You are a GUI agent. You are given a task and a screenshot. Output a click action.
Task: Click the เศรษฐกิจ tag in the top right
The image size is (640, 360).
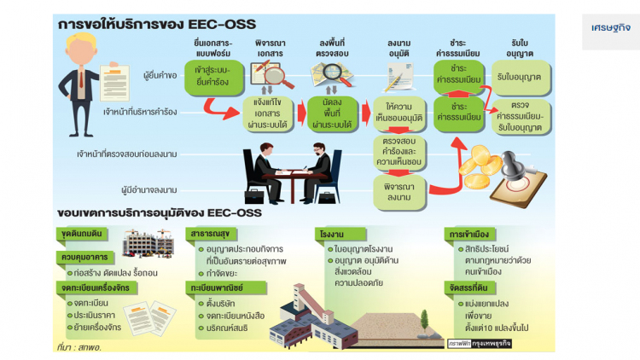click(611, 27)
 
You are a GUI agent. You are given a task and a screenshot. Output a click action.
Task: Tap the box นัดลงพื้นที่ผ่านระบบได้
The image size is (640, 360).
click(329, 112)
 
